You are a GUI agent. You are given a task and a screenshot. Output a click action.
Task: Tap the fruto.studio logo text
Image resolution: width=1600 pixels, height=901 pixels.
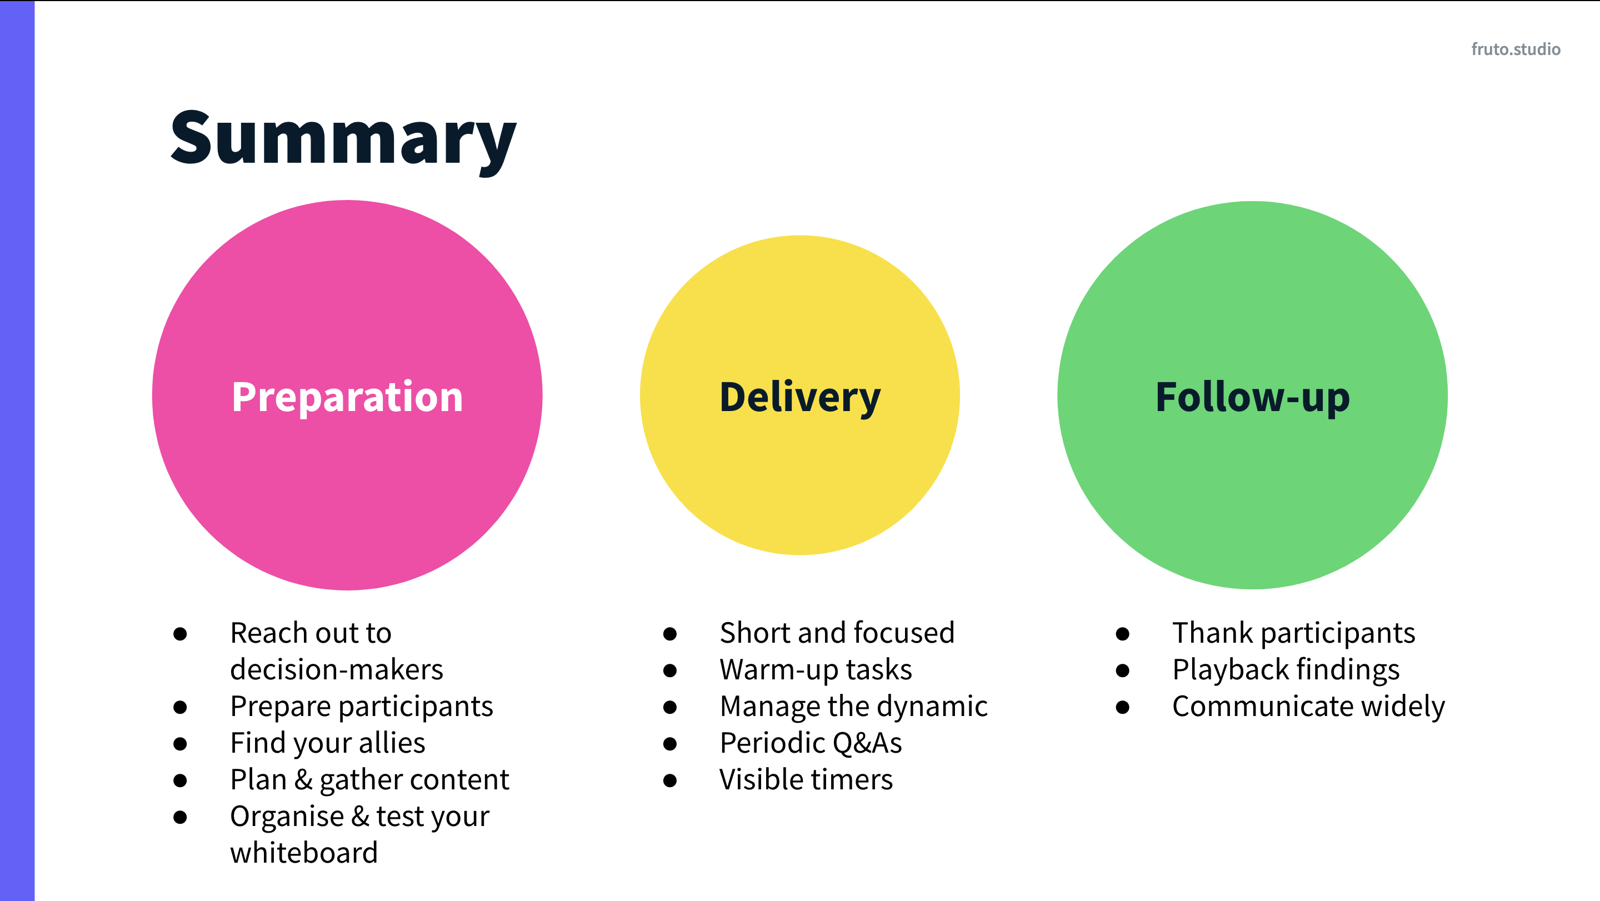point(1515,49)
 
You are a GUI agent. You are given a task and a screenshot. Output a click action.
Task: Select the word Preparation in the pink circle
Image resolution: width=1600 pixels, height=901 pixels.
point(347,397)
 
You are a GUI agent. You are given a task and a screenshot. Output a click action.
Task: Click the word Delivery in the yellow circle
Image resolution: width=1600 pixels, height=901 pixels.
point(799,397)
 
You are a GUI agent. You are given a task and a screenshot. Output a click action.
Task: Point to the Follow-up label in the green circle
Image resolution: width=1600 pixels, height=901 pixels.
point(1252,397)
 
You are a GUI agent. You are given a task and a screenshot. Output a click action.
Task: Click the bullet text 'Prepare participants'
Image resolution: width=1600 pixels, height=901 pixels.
point(361,706)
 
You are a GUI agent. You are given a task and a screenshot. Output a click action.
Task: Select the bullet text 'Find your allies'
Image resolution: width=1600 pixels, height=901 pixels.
point(327,743)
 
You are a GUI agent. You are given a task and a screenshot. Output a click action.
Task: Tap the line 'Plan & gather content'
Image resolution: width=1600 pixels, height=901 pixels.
point(369,779)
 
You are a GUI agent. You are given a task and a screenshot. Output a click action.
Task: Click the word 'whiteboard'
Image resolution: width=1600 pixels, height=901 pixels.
point(304,853)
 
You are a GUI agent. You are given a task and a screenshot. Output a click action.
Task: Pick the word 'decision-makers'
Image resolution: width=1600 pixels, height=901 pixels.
point(336,669)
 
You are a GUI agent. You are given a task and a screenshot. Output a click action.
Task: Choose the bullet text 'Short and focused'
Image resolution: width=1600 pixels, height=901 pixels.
point(837,633)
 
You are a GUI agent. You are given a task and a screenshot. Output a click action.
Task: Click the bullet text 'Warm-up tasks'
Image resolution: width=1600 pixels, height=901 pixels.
point(816,669)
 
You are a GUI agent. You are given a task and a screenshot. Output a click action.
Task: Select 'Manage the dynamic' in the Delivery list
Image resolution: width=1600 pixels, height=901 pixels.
point(853,706)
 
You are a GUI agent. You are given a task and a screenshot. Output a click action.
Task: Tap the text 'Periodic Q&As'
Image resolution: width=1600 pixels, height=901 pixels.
point(811,743)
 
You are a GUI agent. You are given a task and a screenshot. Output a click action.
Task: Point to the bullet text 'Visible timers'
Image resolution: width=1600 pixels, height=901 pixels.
point(806,779)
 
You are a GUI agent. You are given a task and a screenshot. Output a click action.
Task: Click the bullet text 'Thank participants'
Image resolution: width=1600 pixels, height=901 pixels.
point(1293,633)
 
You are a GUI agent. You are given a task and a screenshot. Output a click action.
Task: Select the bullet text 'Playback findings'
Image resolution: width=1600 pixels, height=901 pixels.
point(1286,669)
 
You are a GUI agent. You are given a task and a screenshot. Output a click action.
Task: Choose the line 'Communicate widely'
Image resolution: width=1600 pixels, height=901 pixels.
point(1308,706)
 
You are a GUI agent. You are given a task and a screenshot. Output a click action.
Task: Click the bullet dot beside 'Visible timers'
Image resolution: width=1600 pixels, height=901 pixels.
point(669,780)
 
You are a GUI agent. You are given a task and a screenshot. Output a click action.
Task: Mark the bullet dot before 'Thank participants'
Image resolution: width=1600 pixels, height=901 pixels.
point(1122,634)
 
